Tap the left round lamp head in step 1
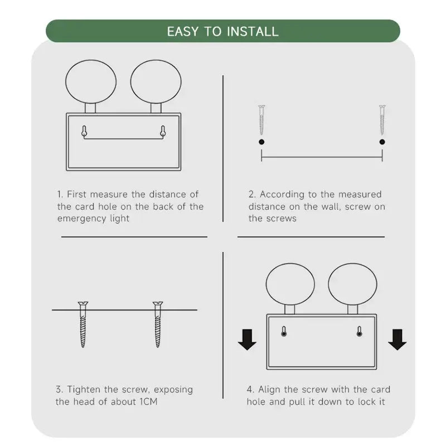click(91, 81)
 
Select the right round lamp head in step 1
click(156, 81)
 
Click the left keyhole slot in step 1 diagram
click(84, 132)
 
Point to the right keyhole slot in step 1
click(163, 132)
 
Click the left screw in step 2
click(261, 120)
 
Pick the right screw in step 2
click(382, 120)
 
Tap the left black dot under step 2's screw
click(261, 142)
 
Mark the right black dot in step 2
click(382, 142)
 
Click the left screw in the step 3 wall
click(83, 324)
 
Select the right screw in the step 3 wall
click(158, 324)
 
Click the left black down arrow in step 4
click(247, 340)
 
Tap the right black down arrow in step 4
click(397, 340)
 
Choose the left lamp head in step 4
click(290, 284)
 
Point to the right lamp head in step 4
click(353, 284)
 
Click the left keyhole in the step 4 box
click(284, 332)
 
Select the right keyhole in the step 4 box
click(359, 332)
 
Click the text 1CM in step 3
click(148, 401)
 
